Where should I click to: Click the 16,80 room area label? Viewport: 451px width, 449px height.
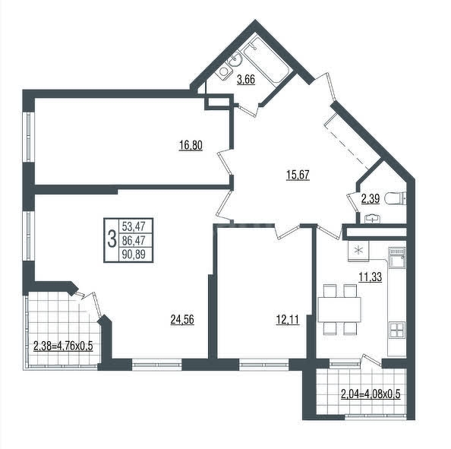pos(191,145)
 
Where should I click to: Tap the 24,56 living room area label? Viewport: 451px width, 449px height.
pos(182,320)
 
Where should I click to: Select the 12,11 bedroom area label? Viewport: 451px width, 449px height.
pos(288,320)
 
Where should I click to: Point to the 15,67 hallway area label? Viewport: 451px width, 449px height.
pos(298,175)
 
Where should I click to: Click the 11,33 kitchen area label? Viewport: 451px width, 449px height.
pos(371,277)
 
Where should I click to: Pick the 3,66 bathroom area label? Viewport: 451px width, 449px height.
pos(246,79)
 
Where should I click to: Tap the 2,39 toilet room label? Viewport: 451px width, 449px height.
pos(371,198)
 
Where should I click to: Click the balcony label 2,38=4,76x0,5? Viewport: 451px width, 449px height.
pos(63,346)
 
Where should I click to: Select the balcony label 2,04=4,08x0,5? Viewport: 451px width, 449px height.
pos(371,394)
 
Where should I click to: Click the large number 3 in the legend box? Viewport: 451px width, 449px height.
pos(112,240)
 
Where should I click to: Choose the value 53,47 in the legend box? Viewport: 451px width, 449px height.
pos(134,226)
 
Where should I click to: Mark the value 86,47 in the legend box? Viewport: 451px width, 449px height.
pos(134,240)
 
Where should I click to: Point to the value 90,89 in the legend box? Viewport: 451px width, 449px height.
pos(134,255)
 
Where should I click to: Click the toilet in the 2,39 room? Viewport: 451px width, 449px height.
pos(396,198)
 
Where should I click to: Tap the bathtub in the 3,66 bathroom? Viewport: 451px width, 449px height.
pos(265,62)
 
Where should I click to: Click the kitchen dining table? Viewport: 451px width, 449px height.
pos(339,309)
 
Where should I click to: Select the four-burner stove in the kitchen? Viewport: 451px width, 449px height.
pos(397,330)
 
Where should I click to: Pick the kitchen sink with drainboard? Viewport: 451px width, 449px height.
pos(397,258)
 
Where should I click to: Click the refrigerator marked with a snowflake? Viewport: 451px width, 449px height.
pos(358,251)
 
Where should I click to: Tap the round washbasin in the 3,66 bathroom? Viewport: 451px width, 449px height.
pos(235,60)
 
